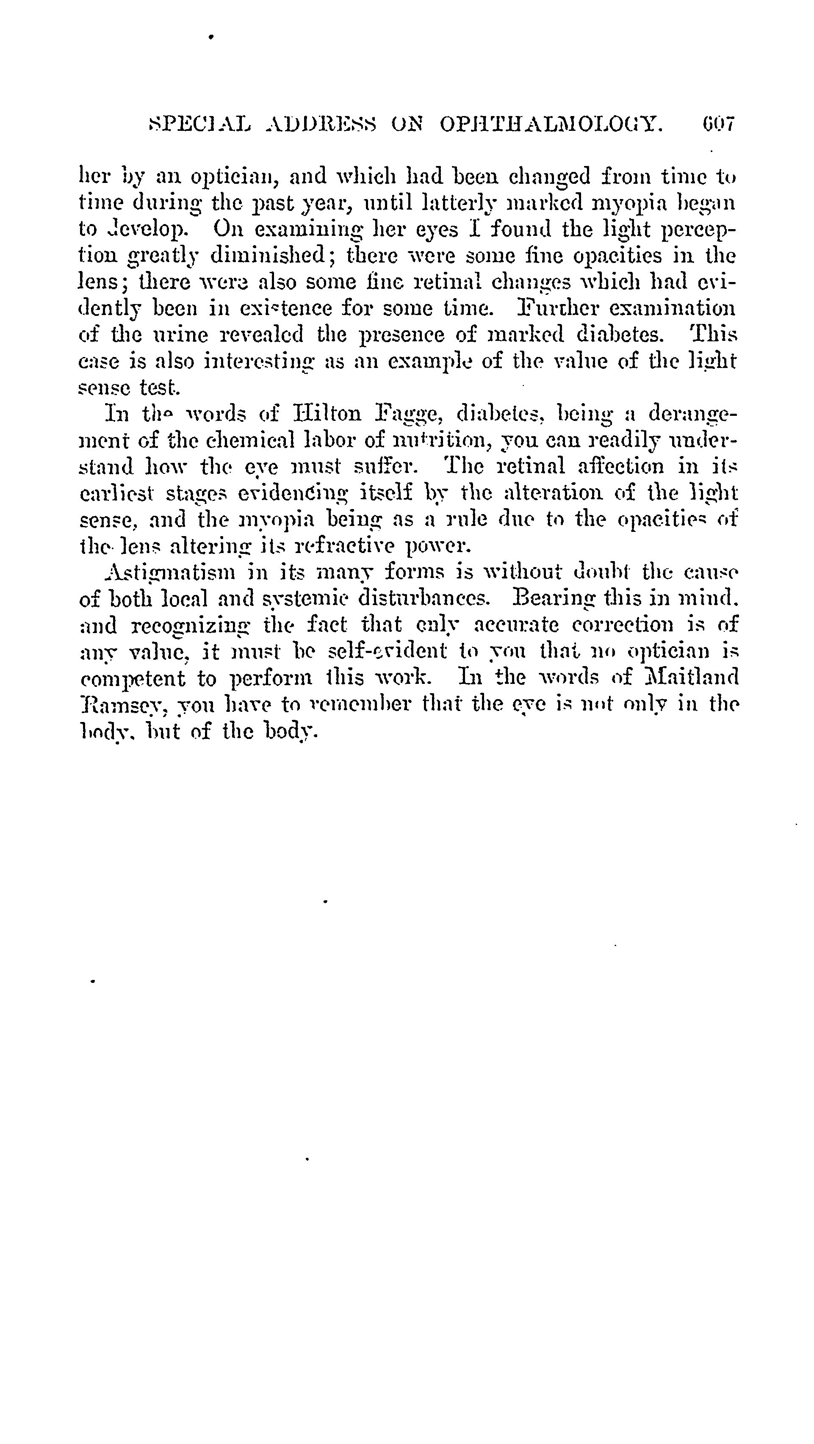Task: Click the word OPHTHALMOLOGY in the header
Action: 551,123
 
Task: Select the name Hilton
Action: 327,414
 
